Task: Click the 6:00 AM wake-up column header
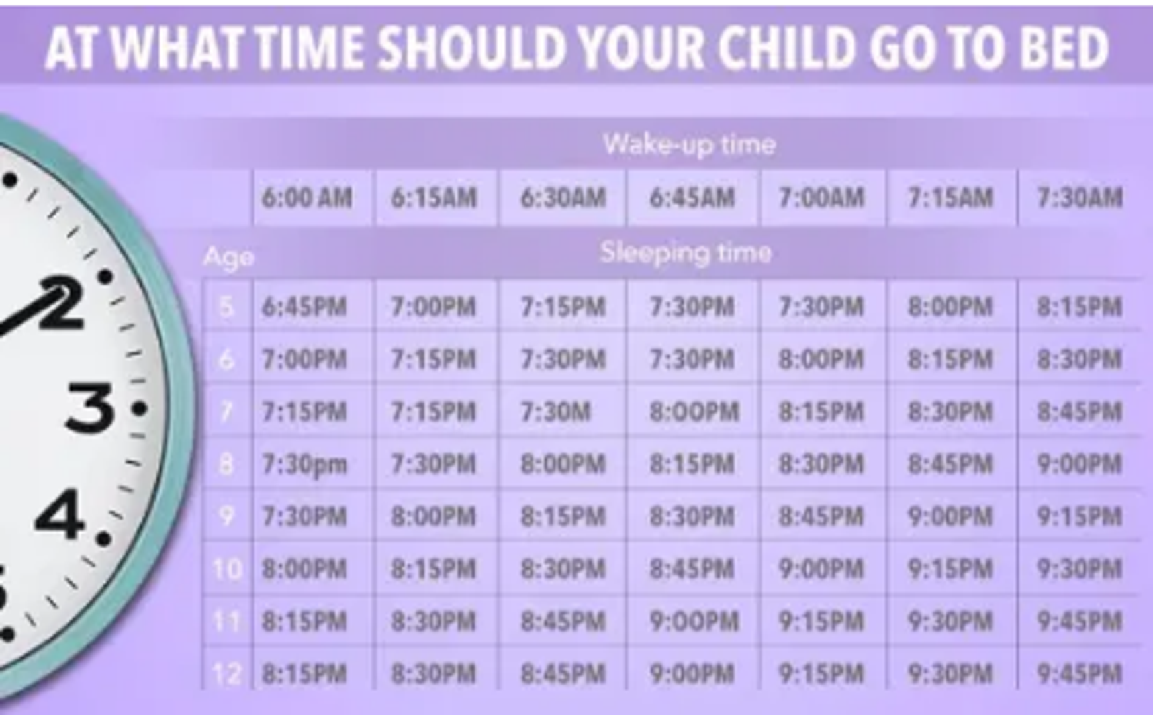[306, 198]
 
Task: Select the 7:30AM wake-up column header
[1080, 198]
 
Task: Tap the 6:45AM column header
[692, 198]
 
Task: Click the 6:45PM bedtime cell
[304, 307]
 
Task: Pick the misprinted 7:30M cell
[555, 412]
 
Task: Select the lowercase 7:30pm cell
[304, 465]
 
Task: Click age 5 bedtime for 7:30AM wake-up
[1080, 307]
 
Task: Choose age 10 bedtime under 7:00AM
[821, 569]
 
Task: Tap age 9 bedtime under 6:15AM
[433, 516]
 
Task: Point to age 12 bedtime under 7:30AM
[1080, 674]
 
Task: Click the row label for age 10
[227, 569]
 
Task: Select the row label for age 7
[226, 412]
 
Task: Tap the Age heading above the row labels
[228, 258]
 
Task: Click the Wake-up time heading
[689, 144]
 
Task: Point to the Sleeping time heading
[686, 252]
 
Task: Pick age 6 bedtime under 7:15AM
[950, 359]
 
